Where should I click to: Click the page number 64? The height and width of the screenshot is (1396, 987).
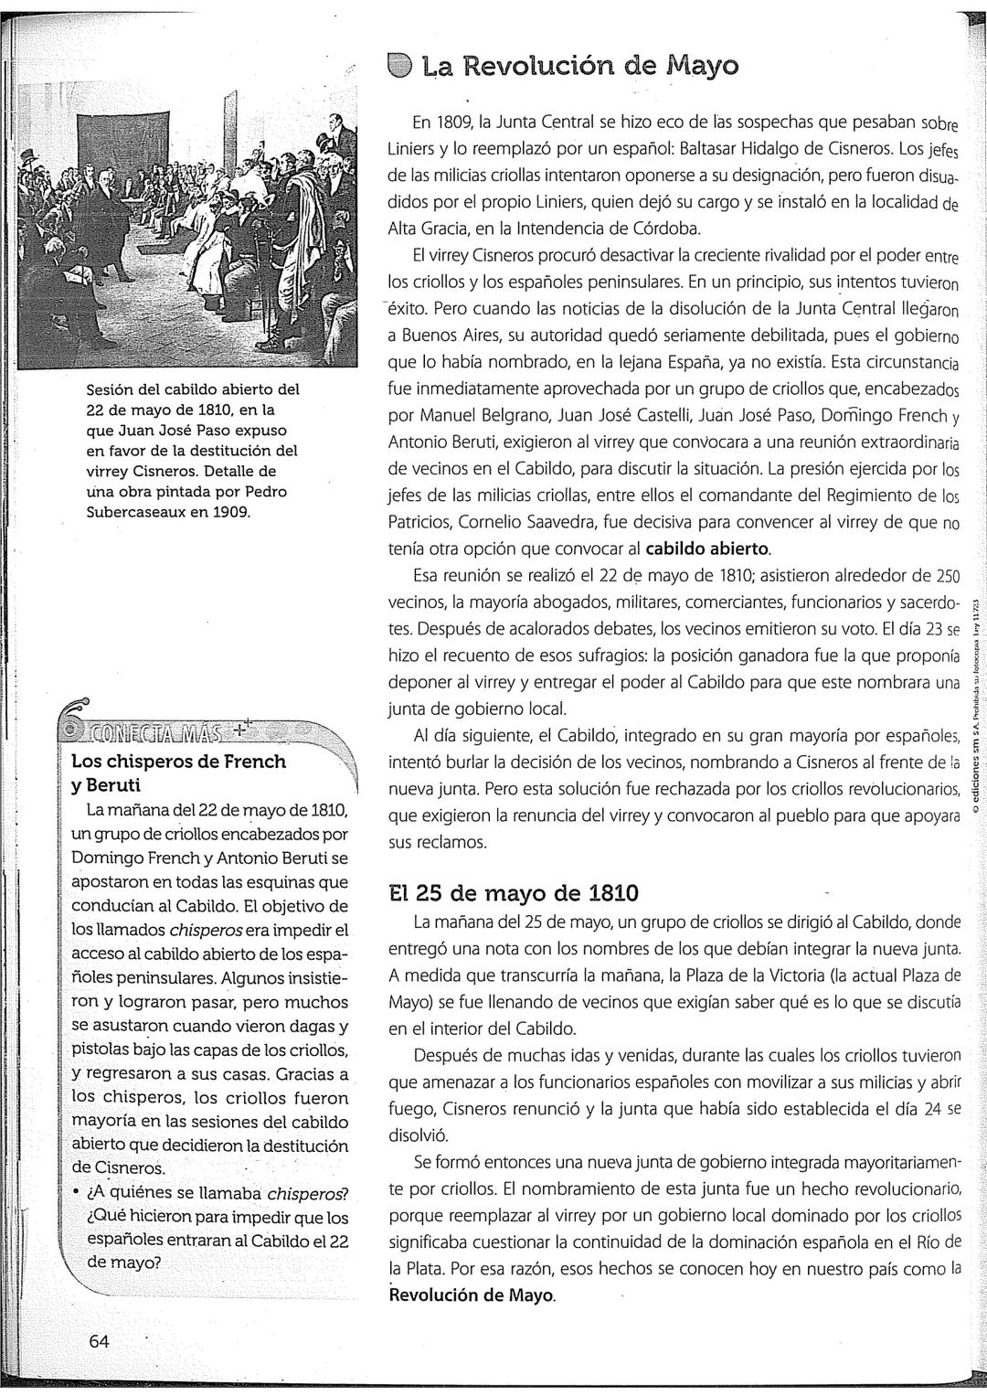click(100, 1341)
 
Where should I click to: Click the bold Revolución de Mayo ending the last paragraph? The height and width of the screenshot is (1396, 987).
click(472, 1295)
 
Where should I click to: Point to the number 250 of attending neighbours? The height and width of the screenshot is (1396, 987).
click(947, 576)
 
